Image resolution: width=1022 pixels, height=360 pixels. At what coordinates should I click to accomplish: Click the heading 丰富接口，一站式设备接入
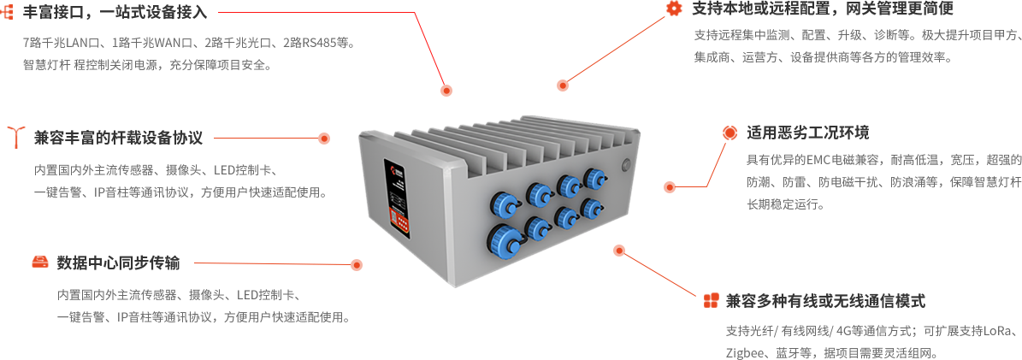pyautogui.click(x=114, y=12)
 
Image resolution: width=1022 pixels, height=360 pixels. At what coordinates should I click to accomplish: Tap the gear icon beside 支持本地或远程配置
pyautogui.click(x=673, y=8)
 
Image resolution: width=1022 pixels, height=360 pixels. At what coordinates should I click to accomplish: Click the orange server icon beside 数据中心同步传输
pyautogui.click(x=39, y=263)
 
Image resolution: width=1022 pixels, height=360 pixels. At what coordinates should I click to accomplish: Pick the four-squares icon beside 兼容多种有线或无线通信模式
pyautogui.click(x=711, y=301)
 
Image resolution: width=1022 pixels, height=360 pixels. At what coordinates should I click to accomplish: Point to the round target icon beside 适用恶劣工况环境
pyautogui.click(x=730, y=133)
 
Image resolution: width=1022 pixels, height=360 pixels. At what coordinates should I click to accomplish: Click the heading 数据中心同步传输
pyautogui.click(x=118, y=263)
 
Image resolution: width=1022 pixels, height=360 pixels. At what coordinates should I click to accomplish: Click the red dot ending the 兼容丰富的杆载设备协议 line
pyautogui.click(x=324, y=139)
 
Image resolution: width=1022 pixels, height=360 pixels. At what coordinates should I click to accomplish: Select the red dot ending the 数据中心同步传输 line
pyautogui.click(x=357, y=265)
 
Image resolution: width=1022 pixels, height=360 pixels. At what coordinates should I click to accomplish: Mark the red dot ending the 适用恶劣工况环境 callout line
pyautogui.click(x=670, y=187)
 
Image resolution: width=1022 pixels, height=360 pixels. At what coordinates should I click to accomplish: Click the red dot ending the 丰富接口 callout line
pyautogui.click(x=446, y=91)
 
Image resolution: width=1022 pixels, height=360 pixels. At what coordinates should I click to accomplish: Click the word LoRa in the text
pyautogui.click(x=999, y=331)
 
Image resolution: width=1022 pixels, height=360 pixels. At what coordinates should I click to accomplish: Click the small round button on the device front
pyautogui.click(x=628, y=163)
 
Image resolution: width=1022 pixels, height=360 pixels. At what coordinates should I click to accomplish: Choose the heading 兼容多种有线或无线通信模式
pyautogui.click(x=826, y=301)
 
